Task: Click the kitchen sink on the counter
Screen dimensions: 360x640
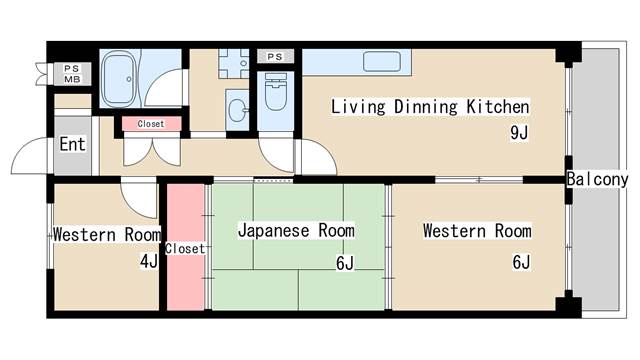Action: click(382, 61)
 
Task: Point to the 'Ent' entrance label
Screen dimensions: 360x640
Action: click(72, 144)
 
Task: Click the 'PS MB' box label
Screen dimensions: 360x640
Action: click(72, 73)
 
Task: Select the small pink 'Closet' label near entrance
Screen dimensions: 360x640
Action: click(152, 124)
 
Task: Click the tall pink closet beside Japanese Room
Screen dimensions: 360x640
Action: click(186, 247)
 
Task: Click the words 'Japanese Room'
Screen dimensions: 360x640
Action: click(296, 230)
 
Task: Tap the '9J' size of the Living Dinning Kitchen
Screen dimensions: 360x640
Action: click(518, 133)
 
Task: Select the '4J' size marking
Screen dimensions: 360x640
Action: click(148, 262)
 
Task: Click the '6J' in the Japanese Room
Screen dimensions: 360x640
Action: click(345, 263)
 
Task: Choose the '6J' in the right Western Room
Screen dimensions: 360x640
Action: click(520, 263)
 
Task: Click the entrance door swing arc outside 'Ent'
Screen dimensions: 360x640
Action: click(28, 157)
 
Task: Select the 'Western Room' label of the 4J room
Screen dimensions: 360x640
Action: click(106, 236)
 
